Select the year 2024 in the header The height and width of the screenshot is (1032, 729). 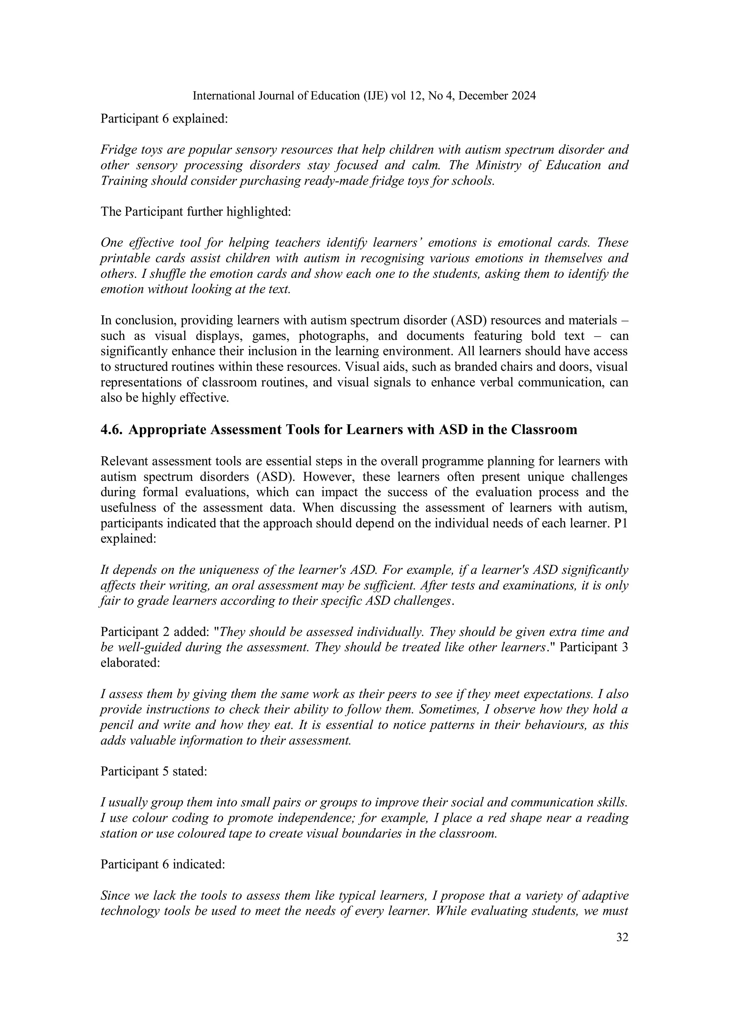523,96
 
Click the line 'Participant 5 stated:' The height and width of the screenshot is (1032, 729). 154,771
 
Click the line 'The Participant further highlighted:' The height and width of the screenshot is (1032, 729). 196,211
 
